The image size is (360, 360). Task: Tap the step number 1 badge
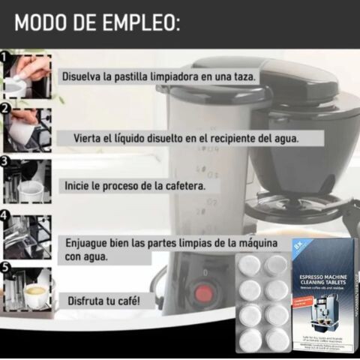click(x=4, y=57)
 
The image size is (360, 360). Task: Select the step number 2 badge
click(x=4, y=109)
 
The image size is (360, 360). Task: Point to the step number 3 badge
click(x=4, y=161)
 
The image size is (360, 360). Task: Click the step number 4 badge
click(x=4, y=215)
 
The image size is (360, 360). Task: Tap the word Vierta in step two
click(x=90, y=138)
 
